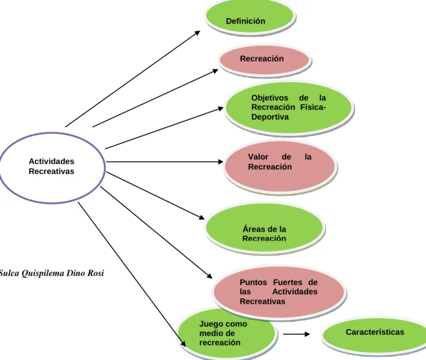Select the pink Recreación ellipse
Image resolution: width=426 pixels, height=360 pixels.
coord(264,60)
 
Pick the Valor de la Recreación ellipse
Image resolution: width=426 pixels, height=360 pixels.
coord(280,166)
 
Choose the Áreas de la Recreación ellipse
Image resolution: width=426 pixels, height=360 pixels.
coord(264,228)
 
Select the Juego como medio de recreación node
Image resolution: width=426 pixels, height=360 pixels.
coord(227,333)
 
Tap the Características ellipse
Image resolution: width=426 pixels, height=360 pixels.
coord(375,335)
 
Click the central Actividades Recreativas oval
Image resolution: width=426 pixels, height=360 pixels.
coord(52,167)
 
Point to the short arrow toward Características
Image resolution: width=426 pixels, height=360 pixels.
coord(297,334)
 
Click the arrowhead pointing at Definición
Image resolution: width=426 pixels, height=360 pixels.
coord(198,33)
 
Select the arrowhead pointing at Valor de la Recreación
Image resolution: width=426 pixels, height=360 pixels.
coord(221,162)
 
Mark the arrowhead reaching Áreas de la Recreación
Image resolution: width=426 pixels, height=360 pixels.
coord(202,217)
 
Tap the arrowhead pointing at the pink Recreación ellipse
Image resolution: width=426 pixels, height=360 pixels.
coord(216,71)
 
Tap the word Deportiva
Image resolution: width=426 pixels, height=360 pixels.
coord(269,117)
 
